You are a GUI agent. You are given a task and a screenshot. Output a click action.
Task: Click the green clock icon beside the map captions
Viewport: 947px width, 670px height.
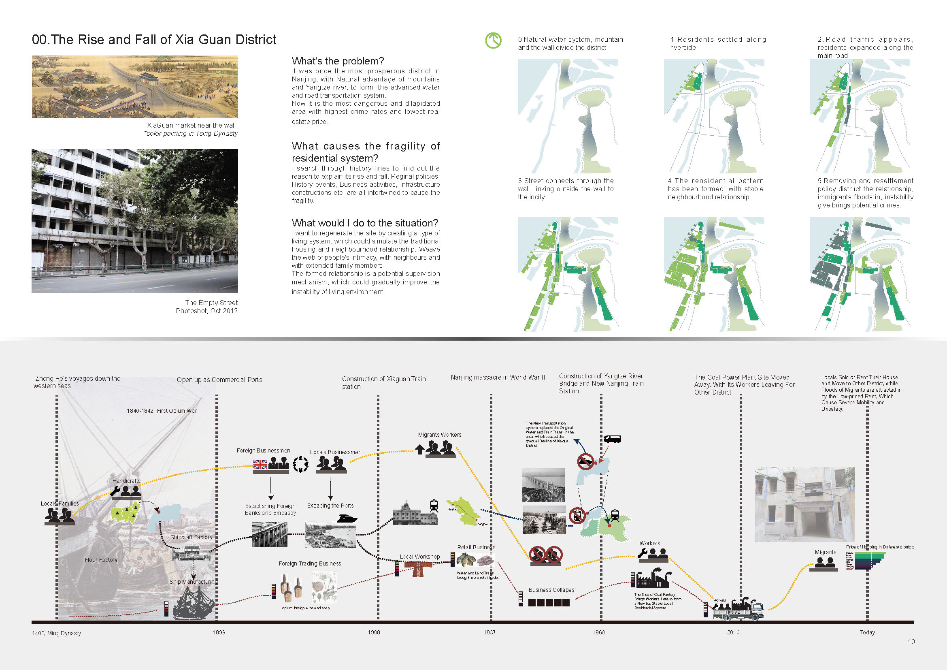(x=493, y=41)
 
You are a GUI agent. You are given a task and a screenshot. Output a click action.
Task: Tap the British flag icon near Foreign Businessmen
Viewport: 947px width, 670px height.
(x=260, y=465)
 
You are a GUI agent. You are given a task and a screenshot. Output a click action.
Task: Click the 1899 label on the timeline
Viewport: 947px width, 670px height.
(x=219, y=632)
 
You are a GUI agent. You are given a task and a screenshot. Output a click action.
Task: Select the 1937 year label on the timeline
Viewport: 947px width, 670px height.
(x=489, y=632)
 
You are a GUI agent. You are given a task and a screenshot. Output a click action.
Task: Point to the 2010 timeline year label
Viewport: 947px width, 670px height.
(x=733, y=632)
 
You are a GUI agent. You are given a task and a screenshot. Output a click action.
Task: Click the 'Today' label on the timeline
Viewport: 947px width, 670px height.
(x=867, y=632)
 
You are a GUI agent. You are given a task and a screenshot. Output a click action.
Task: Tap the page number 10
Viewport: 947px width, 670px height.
(x=911, y=642)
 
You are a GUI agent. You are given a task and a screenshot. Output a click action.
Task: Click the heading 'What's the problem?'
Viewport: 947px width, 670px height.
(x=337, y=61)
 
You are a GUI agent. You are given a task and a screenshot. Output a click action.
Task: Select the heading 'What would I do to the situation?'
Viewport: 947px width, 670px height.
(x=365, y=223)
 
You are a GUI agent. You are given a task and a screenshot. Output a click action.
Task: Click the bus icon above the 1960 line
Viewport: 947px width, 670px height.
(x=612, y=439)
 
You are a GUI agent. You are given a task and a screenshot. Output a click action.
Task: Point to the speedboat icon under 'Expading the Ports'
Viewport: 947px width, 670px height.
(x=347, y=518)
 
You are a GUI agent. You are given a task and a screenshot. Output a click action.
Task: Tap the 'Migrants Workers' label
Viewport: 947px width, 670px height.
(x=439, y=435)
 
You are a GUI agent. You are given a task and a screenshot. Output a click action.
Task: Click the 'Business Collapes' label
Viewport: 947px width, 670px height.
(x=551, y=590)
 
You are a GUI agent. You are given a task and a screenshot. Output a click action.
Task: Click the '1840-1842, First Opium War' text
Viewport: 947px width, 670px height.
(x=162, y=411)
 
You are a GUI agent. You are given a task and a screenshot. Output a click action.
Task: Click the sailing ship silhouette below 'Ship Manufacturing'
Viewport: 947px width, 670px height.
(x=193, y=603)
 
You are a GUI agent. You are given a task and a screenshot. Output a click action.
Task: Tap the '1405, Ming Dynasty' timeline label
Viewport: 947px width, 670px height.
(x=57, y=633)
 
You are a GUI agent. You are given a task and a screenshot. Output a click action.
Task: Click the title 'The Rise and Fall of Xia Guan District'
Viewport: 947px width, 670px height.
(x=154, y=40)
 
